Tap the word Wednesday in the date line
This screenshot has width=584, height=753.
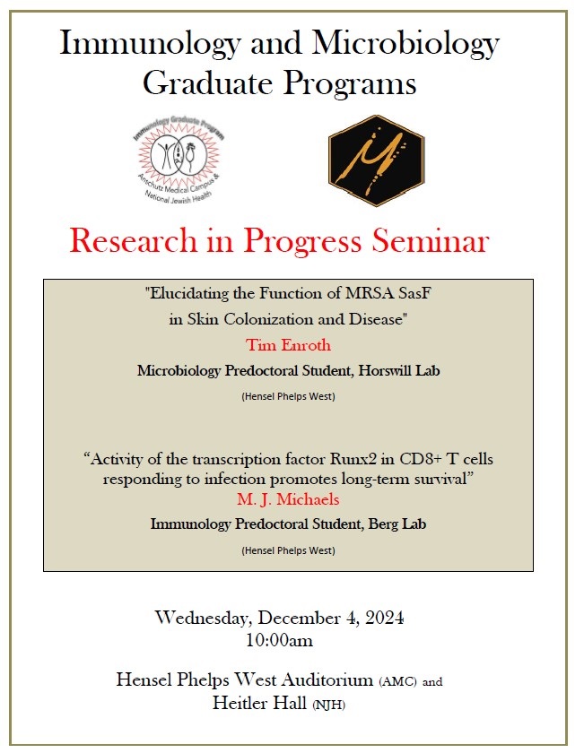205,617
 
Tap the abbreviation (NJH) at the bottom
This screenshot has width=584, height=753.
328,705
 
